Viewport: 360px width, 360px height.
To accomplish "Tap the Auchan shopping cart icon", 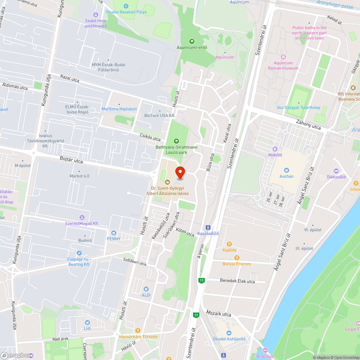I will [287, 170].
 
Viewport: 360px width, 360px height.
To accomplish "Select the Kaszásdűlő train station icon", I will [208, 228].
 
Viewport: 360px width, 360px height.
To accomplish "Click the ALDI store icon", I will [146, 289].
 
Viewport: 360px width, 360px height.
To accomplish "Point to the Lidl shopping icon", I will [87, 323].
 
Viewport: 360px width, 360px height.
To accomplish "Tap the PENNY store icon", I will [114, 233].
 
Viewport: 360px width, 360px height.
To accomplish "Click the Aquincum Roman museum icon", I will [283, 57].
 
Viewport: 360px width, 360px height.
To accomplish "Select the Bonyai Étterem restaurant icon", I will [237, 258].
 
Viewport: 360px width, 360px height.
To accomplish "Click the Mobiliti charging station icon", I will [275, 149].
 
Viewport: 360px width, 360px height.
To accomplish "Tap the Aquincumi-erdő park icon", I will [192, 41].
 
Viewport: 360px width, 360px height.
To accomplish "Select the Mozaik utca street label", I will [219, 314].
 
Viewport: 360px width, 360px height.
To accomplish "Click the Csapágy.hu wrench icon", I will [79, 253].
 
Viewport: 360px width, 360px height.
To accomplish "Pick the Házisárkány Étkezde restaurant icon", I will [138, 330].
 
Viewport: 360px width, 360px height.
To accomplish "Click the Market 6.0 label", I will [79, 176].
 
